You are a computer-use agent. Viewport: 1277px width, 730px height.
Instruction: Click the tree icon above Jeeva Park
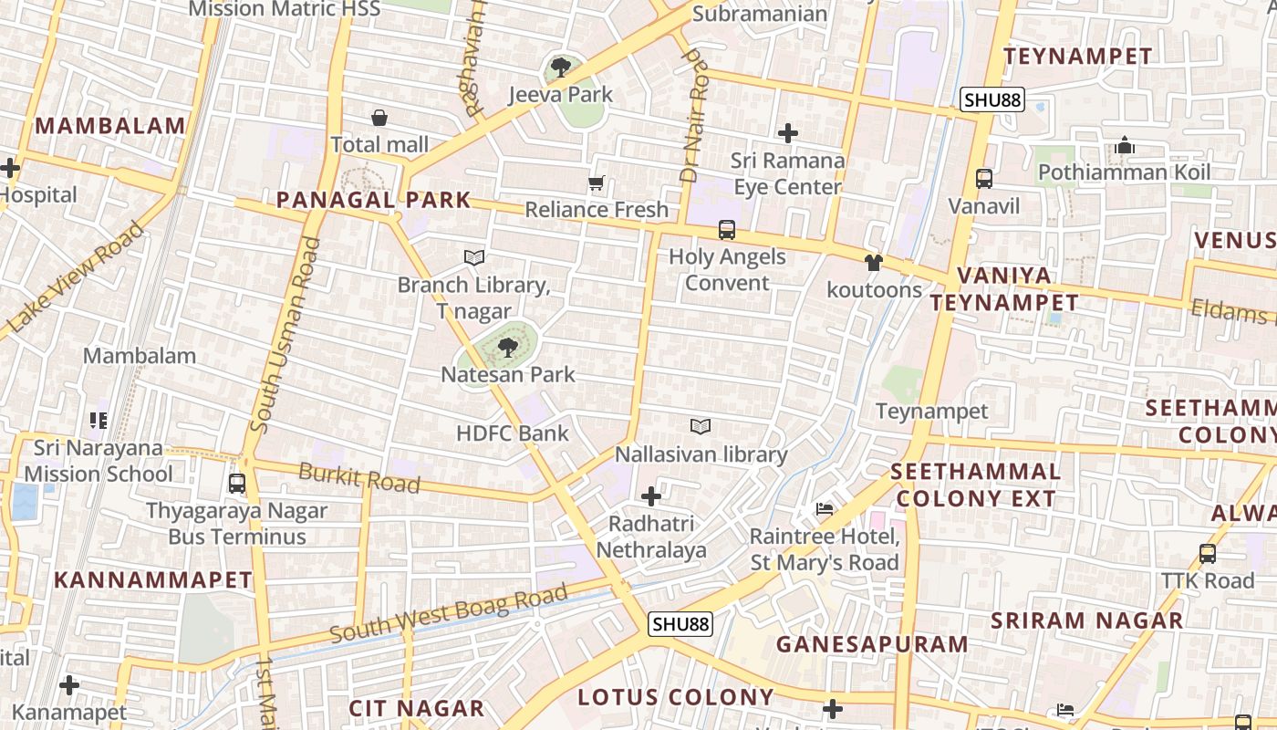point(561,67)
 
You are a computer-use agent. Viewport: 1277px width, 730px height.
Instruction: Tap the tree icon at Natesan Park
point(508,347)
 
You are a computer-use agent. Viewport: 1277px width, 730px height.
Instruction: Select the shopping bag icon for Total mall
point(379,118)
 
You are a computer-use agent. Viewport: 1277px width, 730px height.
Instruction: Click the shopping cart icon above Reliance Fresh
point(597,183)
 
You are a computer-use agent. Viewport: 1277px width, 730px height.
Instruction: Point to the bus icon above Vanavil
point(984,179)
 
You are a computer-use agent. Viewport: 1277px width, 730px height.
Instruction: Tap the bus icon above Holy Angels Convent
point(727,230)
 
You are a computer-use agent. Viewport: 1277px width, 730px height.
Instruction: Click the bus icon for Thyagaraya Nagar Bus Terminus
point(237,484)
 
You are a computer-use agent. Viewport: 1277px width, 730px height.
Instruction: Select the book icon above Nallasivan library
point(701,427)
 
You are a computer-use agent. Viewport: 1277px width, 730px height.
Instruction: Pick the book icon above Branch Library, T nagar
point(474,258)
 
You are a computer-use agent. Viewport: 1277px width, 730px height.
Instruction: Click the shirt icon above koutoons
point(874,264)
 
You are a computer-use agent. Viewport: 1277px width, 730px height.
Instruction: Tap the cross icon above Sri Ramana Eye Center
point(788,133)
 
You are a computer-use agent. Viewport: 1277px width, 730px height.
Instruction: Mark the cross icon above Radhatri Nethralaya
point(651,496)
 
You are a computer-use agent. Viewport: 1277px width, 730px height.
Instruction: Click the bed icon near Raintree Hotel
point(825,509)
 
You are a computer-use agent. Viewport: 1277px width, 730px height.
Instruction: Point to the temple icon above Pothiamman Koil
point(1125,146)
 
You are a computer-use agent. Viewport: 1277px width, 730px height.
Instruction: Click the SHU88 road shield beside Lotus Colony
point(680,624)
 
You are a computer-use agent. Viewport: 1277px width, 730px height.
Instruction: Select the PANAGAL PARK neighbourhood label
point(374,200)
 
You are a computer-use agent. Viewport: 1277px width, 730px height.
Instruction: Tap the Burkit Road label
point(359,477)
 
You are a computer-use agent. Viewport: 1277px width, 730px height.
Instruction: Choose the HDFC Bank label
point(513,433)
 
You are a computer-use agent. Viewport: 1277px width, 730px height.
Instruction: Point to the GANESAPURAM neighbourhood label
point(872,644)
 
